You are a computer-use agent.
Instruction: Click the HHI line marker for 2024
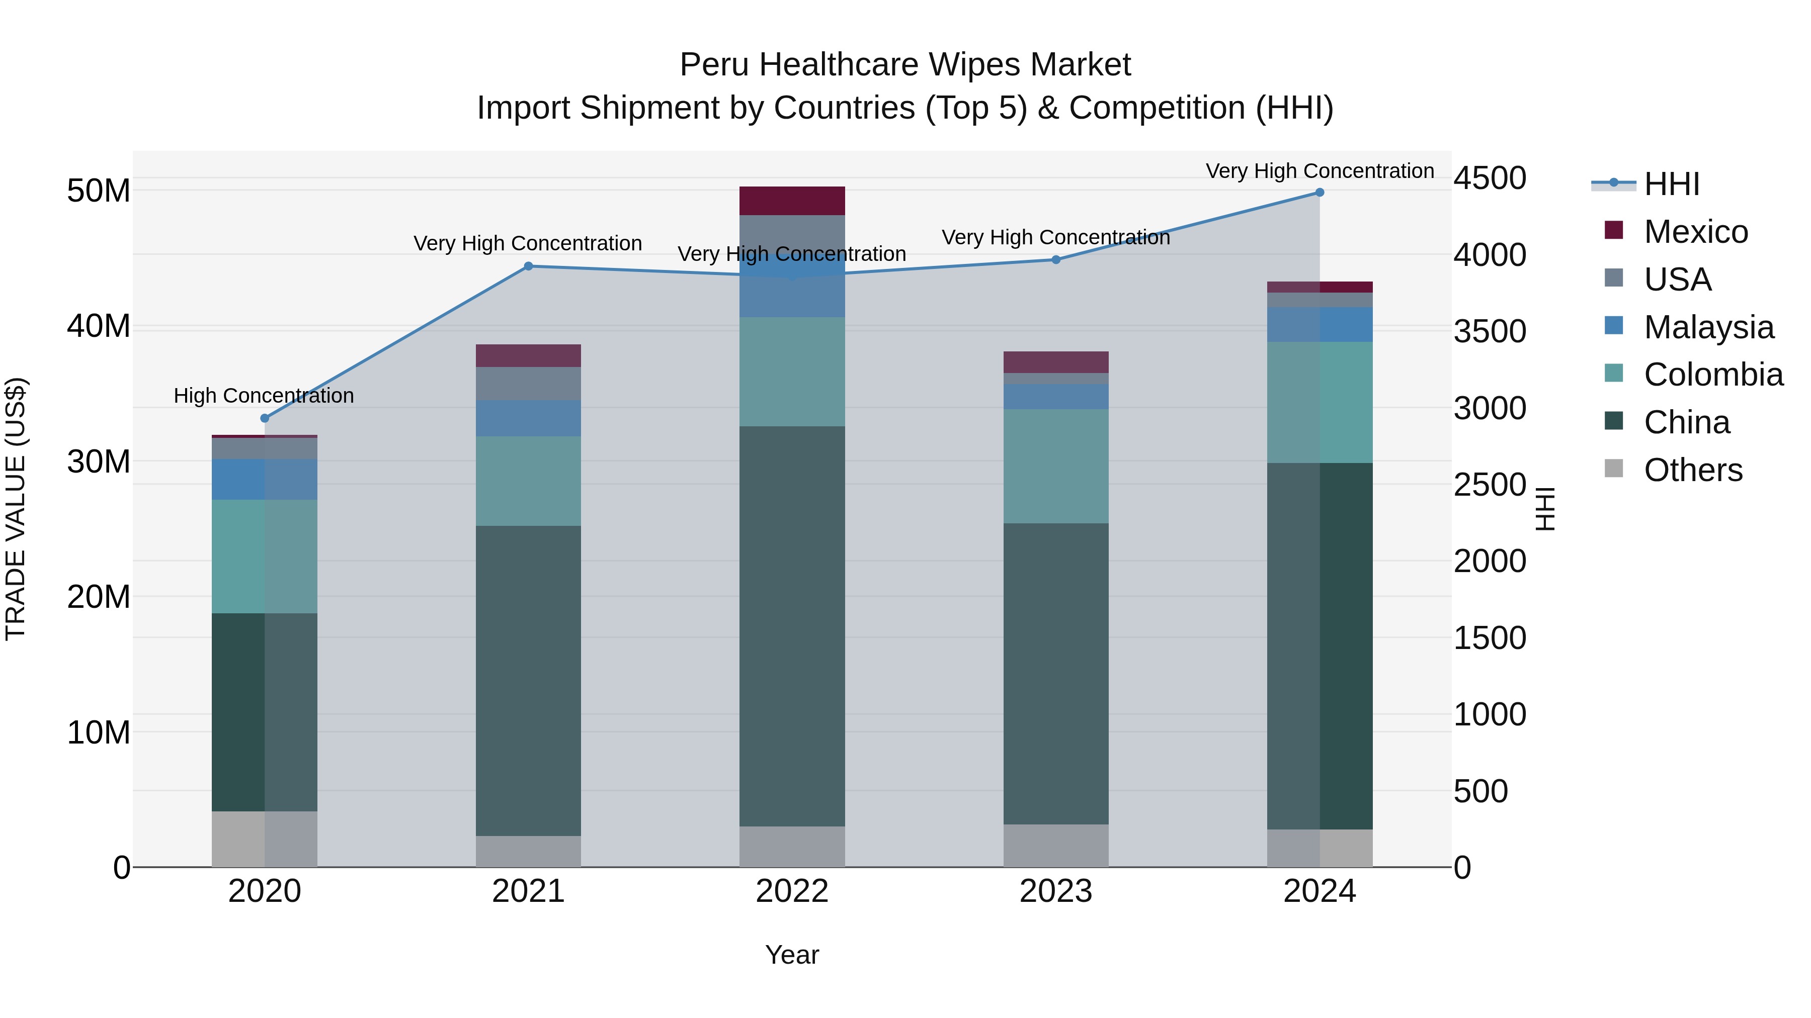point(1320,193)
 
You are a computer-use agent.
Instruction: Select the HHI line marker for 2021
point(529,266)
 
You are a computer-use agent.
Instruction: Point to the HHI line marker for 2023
point(1056,260)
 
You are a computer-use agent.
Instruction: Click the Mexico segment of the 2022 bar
point(792,201)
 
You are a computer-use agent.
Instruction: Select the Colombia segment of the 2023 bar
point(1056,467)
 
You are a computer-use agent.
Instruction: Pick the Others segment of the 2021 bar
point(529,852)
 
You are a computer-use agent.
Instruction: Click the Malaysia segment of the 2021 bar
point(529,419)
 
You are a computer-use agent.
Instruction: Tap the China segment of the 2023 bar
point(1056,675)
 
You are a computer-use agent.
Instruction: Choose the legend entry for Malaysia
point(1708,327)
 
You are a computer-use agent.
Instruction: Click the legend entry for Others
point(1692,470)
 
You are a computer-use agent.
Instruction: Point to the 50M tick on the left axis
point(99,191)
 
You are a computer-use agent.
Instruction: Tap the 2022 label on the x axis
point(792,891)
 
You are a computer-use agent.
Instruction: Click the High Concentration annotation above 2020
point(264,396)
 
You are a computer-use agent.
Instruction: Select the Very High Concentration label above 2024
point(1320,171)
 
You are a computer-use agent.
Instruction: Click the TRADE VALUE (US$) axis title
point(16,509)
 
